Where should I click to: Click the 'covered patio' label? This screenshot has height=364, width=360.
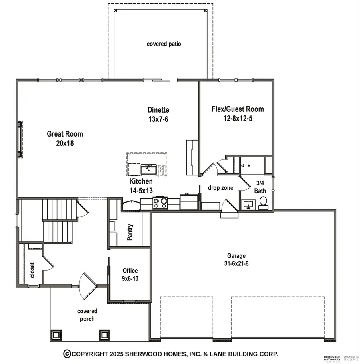(x=164, y=44)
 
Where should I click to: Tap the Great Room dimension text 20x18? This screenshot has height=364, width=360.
(x=65, y=143)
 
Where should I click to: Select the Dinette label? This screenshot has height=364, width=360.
(x=158, y=110)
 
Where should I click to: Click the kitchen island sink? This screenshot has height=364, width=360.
(x=148, y=170)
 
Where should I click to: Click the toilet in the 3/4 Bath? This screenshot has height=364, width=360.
(x=263, y=203)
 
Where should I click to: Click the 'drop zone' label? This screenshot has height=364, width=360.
(x=220, y=188)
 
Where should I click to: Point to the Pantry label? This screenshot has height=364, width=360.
(x=130, y=232)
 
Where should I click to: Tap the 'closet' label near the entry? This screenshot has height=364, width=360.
(x=32, y=270)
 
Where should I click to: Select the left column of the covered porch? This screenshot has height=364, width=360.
(x=56, y=334)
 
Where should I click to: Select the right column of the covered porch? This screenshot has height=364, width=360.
(x=104, y=334)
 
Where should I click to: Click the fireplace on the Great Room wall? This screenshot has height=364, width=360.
(x=19, y=139)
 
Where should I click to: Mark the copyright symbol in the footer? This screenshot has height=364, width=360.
(x=67, y=354)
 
